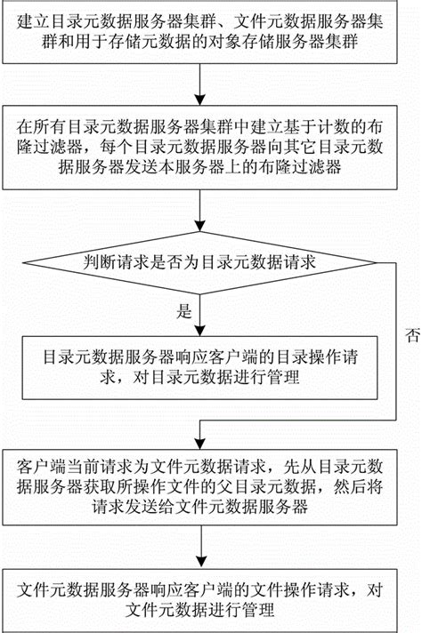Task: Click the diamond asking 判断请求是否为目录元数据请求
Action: (x=201, y=263)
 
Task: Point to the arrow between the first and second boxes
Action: (x=201, y=89)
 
